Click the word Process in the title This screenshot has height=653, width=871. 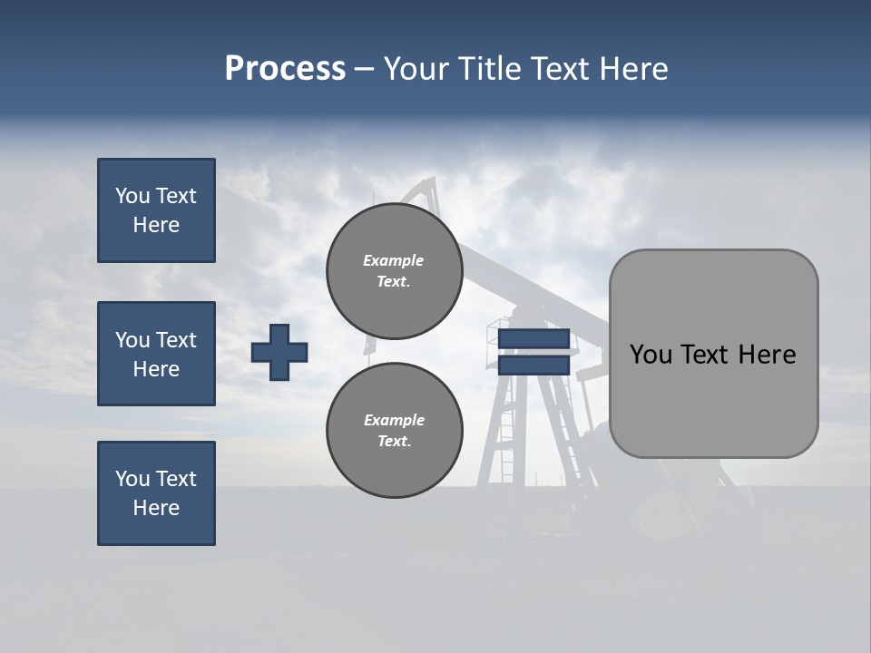pos(285,69)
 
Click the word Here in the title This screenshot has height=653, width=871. pos(632,69)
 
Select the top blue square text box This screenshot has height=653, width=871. pos(156,210)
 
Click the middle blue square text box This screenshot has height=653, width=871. pos(156,354)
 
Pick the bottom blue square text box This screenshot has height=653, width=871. pos(156,493)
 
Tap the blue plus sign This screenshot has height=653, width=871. pos(279,352)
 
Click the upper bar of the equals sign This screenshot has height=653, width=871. pos(533,338)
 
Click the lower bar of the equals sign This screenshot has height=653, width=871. pos(533,365)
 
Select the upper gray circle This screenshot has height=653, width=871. pos(395,271)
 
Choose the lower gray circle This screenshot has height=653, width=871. pos(395,431)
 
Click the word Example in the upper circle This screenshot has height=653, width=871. pos(393,260)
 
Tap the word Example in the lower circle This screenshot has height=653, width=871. pos(394,420)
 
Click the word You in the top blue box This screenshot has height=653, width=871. pos(132,196)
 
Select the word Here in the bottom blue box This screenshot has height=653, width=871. pos(156,508)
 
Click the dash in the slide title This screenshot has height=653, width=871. pos(364,69)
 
